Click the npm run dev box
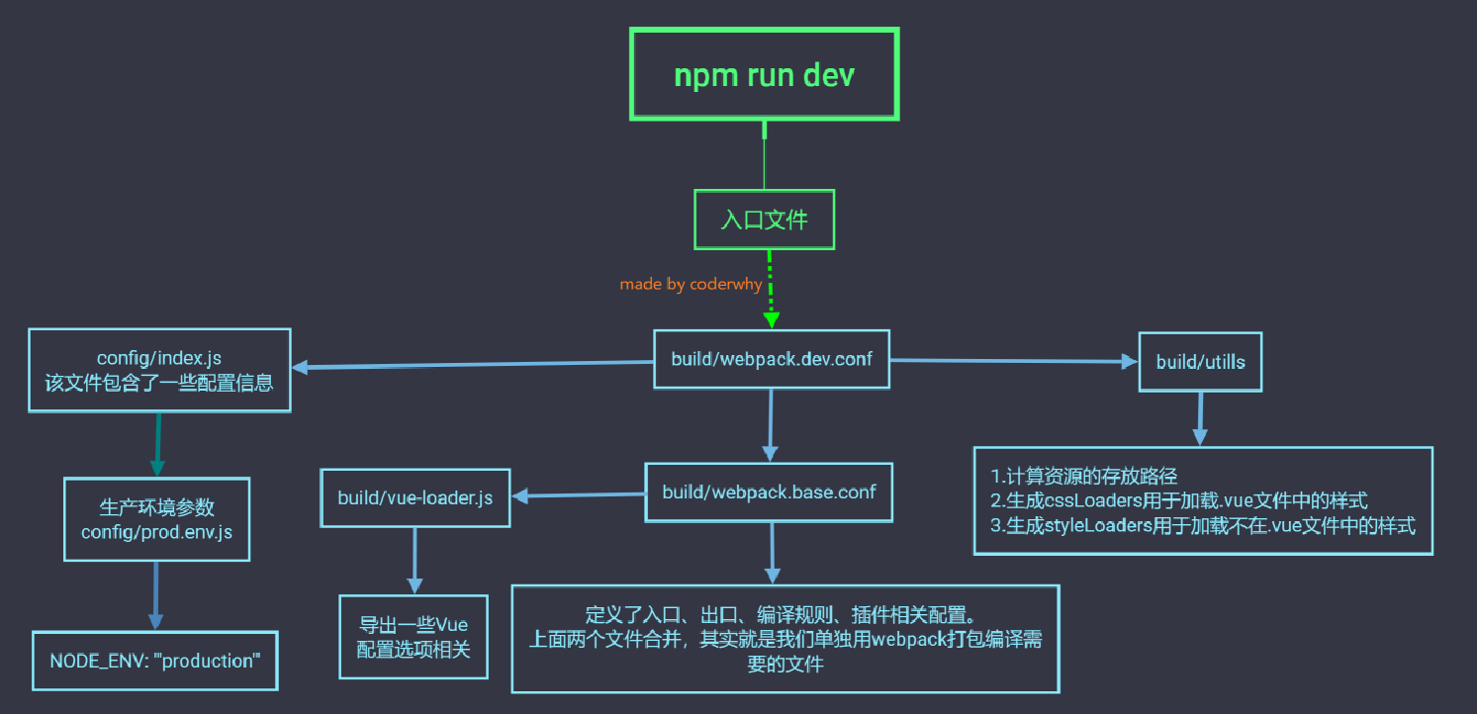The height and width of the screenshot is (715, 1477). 764,75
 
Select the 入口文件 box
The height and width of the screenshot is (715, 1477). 764,220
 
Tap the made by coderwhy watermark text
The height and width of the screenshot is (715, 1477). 692,284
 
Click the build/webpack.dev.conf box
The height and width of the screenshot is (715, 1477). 772,359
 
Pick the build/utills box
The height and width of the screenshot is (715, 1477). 1200,362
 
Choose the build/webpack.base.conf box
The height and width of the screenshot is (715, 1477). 769,492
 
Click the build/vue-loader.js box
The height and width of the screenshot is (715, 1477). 415,497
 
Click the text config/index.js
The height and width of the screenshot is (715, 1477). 158,357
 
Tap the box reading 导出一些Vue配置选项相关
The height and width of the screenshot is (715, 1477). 414,637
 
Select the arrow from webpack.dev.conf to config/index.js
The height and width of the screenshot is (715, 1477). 475,365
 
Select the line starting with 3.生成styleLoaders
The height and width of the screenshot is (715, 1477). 1203,525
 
